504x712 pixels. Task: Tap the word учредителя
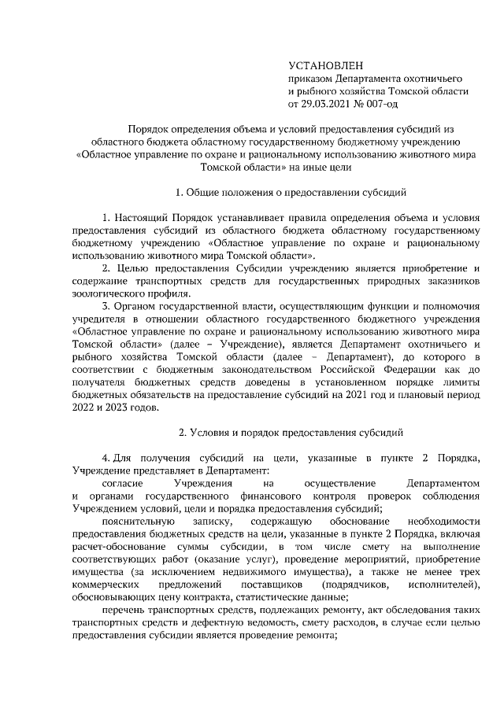[98, 319]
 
